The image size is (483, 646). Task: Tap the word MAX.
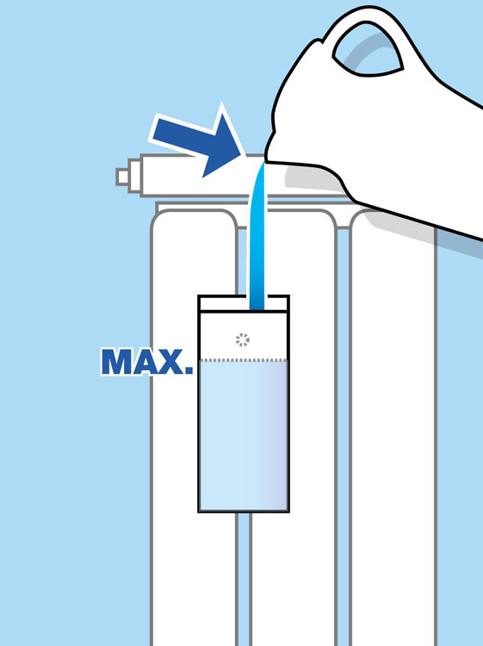click(147, 362)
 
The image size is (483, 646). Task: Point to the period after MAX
click(189, 370)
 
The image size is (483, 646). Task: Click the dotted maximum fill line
click(244, 361)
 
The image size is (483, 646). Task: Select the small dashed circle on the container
click(243, 340)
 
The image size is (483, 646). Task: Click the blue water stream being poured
click(257, 236)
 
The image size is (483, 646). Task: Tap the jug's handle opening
click(368, 49)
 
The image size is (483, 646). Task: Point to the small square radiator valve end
click(122, 177)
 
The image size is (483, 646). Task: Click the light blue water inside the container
click(244, 436)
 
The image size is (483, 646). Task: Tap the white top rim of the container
click(244, 303)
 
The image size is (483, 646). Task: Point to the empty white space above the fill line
click(244, 335)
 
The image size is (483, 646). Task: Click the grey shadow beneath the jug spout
click(313, 177)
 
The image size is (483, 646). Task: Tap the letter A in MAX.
click(144, 362)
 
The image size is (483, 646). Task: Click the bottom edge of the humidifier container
click(244, 512)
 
